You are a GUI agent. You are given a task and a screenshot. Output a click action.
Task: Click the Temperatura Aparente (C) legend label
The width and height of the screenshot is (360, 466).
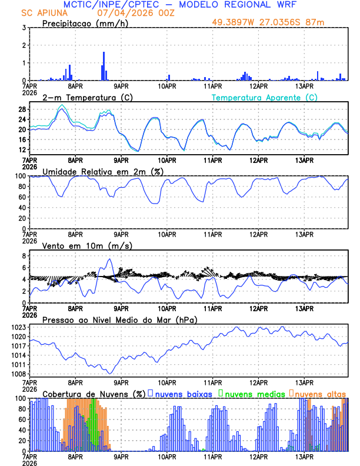pyautogui.click(x=265, y=97)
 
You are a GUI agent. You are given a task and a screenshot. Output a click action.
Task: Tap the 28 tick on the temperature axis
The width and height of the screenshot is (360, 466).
pyautogui.click(x=21, y=109)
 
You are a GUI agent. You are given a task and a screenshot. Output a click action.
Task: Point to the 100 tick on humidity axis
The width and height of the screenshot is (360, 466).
pyautogui.click(x=19, y=176)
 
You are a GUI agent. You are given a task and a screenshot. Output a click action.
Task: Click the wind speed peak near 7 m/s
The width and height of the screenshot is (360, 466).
pyautogui.click(x=109, y=259)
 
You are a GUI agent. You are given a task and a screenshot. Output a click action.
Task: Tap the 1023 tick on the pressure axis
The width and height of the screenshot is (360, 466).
pyautogui.click(x=18, y=327)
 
